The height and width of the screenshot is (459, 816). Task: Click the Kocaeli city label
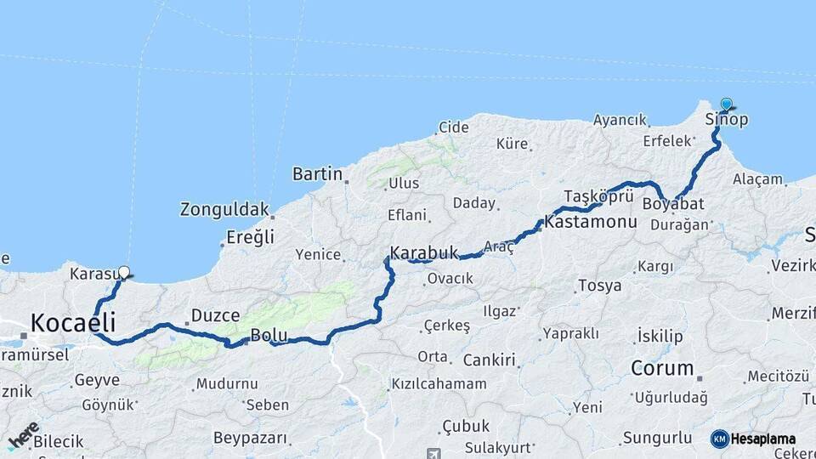tap(73, 323)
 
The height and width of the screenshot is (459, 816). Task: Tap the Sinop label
tap(727, 120)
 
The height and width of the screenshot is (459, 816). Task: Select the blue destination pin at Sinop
tap(726, 105)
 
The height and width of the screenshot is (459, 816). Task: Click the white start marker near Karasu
tap(124, 273)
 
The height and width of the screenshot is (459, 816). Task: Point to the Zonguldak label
tap(224, 208)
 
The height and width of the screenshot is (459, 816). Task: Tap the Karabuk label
tap(424, 253)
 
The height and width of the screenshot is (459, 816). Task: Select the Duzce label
tap(215, 316)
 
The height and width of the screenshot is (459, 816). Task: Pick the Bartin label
tap(317, 174)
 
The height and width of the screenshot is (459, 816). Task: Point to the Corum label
tap(662, 369)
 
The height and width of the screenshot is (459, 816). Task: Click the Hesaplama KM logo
tap(753, 439)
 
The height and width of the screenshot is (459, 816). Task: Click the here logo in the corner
tap(24, 434)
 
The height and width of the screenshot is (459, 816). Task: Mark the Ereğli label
tap(250, 238)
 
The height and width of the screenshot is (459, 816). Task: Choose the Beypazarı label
tap(250, 439)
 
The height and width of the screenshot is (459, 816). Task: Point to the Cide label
tap(453, 127)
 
